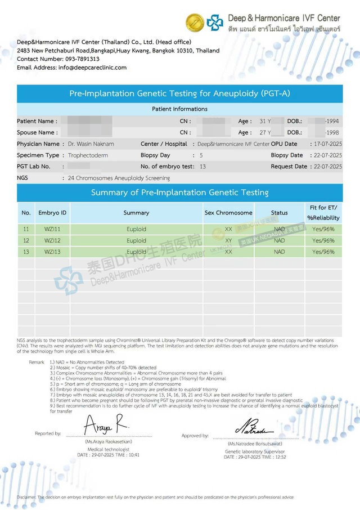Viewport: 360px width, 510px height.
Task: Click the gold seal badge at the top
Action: (195, 23)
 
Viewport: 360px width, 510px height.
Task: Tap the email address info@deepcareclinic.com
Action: (92, 68)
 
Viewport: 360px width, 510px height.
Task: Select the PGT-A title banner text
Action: (179, 93)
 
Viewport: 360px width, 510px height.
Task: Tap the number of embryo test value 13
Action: (202, 167)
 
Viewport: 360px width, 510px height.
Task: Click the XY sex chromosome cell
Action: (228, 241)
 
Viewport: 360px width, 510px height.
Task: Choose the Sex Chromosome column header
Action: (228, 213)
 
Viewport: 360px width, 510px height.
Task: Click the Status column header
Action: (279, 213)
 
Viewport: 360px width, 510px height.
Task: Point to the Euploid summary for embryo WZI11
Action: (136, 230)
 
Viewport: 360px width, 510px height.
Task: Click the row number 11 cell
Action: (26, 230)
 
